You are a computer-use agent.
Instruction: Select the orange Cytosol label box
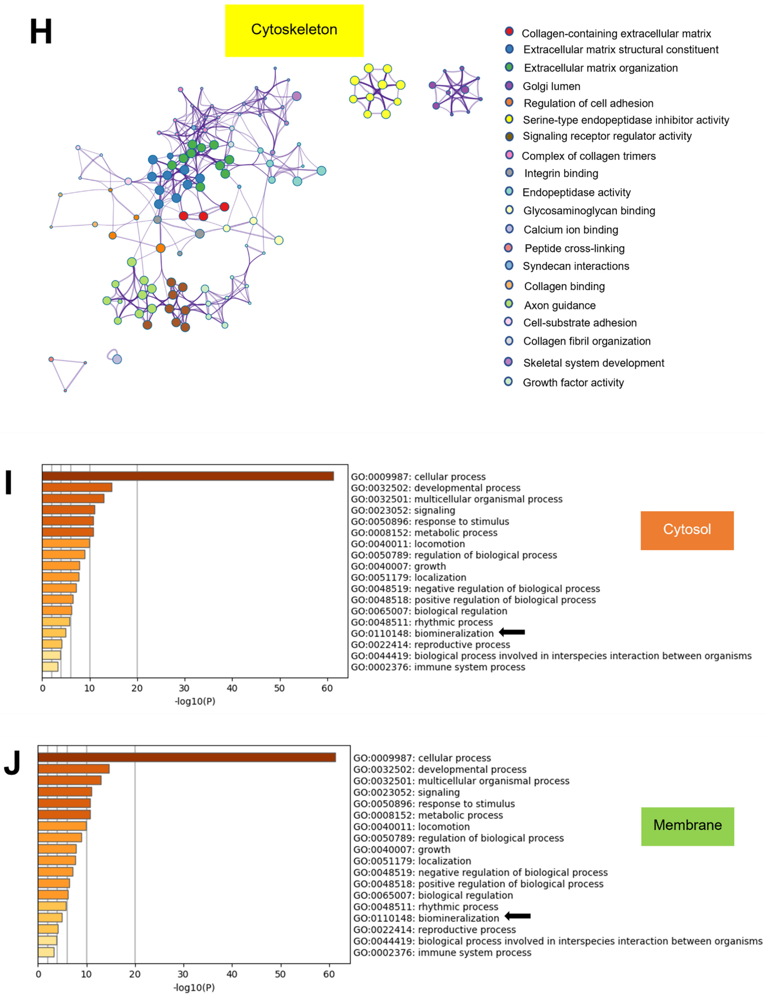[687, 530]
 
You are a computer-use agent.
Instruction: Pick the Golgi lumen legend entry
[551, 86]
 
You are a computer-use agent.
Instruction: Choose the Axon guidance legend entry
[559, 305]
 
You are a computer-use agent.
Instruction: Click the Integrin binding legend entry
[561, 173]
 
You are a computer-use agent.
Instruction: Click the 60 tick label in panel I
[327, 688]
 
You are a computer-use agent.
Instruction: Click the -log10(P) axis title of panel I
[195, 701]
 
